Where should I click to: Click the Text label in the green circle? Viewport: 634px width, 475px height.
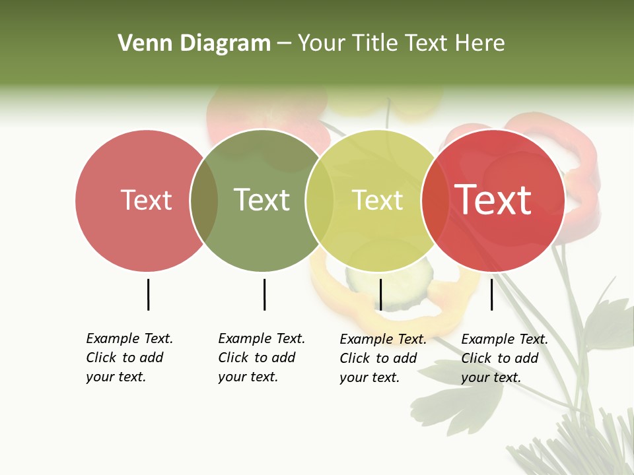tap(262, 200)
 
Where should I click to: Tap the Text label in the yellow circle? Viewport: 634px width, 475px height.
tap(377, 200)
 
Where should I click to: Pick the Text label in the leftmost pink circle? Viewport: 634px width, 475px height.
tap(146, 200)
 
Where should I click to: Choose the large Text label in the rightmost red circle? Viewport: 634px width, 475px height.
tap(493, 199)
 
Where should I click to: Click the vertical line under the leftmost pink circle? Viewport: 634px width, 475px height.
tap(148, 294)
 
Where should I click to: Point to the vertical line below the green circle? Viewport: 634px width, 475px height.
tap(264, 294)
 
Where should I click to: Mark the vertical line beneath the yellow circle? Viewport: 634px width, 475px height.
tap(380, 294)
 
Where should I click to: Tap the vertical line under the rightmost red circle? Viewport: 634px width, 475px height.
tap(491, 294)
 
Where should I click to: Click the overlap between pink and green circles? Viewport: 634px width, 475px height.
tap(204, 201)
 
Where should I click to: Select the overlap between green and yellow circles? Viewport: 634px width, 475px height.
tap(320, 201)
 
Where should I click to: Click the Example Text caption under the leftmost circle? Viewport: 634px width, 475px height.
tap(129, 358)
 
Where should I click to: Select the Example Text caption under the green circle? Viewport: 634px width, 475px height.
tap(261, 358)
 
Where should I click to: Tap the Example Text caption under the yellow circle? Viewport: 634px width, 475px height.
tap(382, 358)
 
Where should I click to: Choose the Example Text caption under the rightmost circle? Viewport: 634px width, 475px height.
tap(504, 358)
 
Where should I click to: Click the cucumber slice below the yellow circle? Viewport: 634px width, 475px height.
tap(396, 290)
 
